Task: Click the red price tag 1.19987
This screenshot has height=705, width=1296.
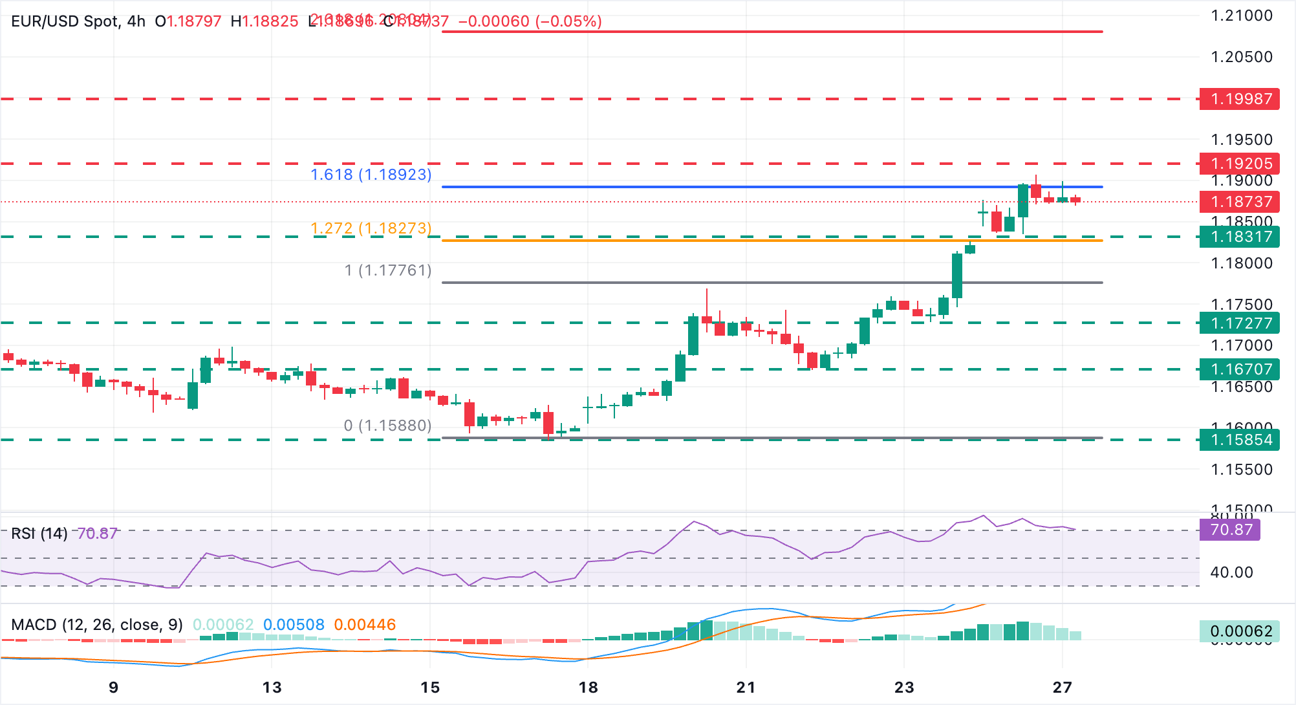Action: pos(1239,99)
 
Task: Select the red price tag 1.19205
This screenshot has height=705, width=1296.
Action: pos(1239,164)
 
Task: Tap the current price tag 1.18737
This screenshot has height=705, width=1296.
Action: pos(1239,202)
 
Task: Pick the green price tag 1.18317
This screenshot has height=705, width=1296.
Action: pos(1239,237)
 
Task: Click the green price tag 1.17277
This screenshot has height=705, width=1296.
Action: pos(1239,323)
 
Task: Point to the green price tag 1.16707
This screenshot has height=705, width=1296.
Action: pos(1239,369)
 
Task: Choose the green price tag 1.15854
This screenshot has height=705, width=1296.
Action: pos(1239,440)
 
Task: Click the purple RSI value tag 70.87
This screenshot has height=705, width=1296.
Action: pos(1229,530)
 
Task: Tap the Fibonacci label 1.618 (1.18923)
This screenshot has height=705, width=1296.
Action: pos(371,175)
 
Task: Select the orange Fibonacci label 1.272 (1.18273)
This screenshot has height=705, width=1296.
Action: pos(371,228)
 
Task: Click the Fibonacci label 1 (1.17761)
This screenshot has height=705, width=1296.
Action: pos(387,270)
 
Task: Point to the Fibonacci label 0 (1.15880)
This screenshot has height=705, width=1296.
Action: pos(387,426)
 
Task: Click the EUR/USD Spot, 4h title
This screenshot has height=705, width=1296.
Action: pos(78,21)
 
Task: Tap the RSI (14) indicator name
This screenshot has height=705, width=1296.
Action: pos(39,534)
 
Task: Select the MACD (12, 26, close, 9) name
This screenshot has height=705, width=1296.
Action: pos(97,625)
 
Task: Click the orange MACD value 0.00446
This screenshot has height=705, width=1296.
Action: pos(365,625)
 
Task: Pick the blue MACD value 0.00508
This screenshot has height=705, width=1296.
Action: pos(294,625)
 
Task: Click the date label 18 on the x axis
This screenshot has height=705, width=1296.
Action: pos(588,688)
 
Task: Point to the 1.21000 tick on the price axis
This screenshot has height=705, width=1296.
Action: pos(1241,16)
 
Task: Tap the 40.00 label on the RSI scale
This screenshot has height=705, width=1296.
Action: pos(1231,572)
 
